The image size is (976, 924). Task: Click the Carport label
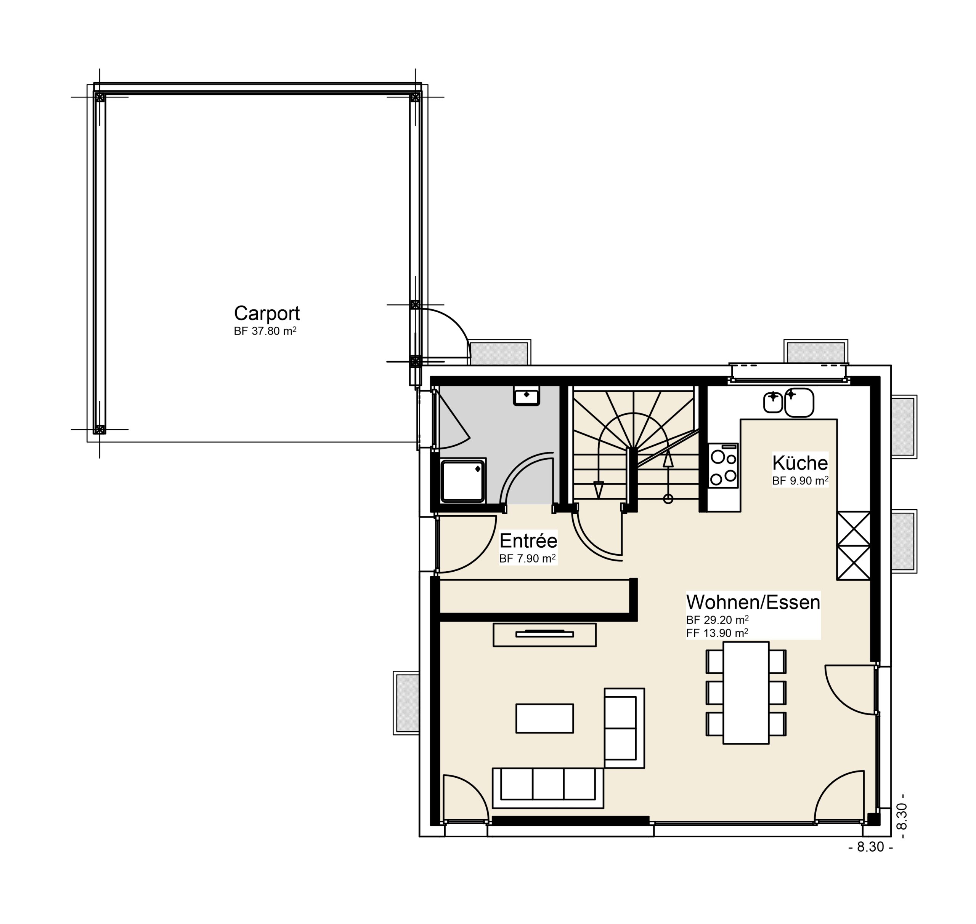pyautogui.click(x=266, y=313)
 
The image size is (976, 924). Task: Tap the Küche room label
pyautogui.click(x=799, y=463)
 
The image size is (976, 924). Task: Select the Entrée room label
pyautogui.click(x=528, y=541)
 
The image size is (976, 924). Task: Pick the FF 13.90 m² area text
pyautogui.click(x=717, y=633)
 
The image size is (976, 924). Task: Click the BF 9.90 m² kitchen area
pyautogui.click(x=800, y=481)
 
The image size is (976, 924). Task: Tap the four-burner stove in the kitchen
pyautogui.click(x=723, y=465)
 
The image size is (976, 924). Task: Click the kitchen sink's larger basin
pyautogui.click(x=799, y=403)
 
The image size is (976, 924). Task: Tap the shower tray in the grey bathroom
pyautogui.click(x=463, y=481)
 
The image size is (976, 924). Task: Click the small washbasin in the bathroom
pyautogui.click(x=527, y=395)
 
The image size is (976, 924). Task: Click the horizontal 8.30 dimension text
pyautogui.click(x=870, y=847)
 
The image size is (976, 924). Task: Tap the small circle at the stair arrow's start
pyautogui.click(x=668, y=499)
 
